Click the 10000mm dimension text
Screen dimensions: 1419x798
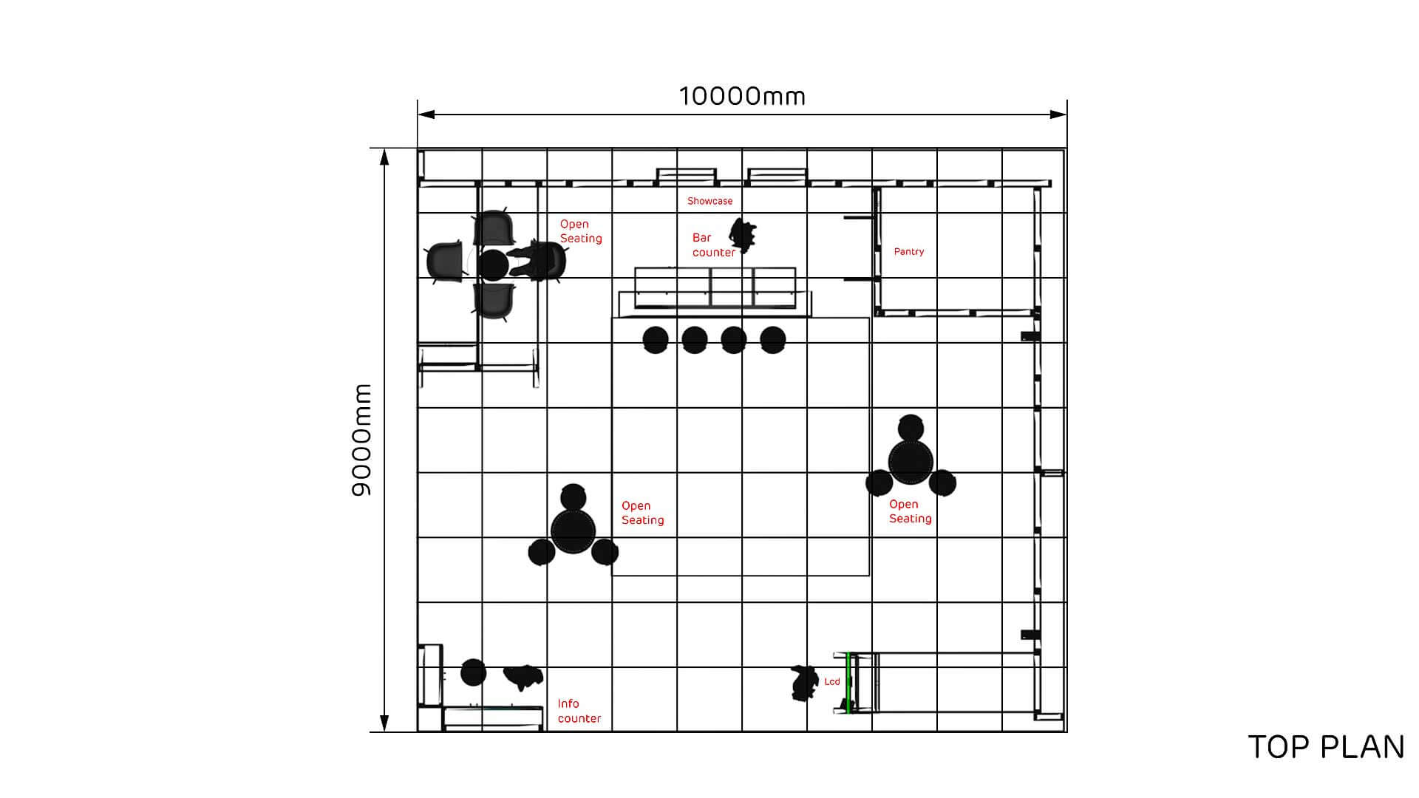pos(742,96)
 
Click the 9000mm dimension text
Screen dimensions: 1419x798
pos(361,440)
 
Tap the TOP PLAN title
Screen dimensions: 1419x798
pos(1326,747)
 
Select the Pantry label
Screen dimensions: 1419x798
pos(909,251)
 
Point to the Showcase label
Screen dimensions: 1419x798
pos(710,201)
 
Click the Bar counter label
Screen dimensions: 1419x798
pos(714,245)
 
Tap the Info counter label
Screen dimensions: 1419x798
pos(579,711)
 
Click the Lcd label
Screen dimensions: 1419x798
pos(832,681)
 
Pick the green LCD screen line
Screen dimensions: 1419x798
pos(849,683)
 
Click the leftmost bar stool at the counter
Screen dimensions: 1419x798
pos(656,340)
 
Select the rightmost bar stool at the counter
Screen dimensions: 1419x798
pos(773,340)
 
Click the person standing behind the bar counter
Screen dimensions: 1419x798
pos(742,233)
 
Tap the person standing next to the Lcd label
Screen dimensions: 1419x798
pos(803,683)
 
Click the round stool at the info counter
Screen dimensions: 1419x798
pos(474,672)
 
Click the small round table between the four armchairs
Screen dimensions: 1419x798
pos(493,265)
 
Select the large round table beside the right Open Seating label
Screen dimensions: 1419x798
pos(911,462)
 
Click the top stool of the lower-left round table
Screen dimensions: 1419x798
pos(574,497)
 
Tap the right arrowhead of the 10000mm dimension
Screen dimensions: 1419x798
pos(1058,115)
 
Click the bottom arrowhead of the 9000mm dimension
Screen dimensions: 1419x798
pos(384,723)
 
